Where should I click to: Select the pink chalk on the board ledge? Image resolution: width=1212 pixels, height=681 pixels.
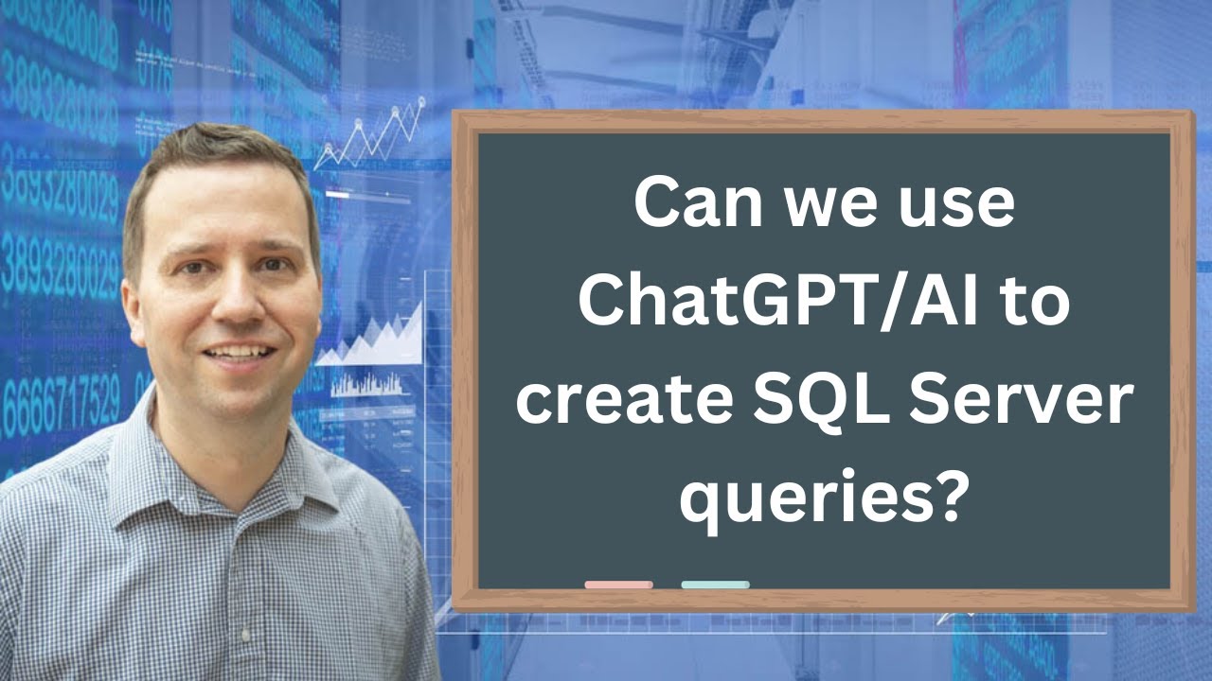pyautogui.click(x=618, y=585)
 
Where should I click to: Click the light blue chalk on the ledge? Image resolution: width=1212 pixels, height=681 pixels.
pyautogui.click(x=715, y=585)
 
